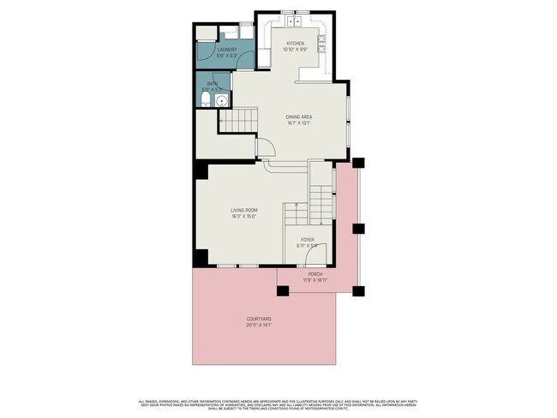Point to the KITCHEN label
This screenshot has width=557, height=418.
(295, 43)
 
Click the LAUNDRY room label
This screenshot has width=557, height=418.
(226, 50)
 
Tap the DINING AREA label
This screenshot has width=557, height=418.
(297, 116)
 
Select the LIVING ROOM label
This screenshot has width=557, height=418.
(244, 210)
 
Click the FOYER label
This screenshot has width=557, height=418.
(307, 240)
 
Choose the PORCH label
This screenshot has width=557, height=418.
(315, 274)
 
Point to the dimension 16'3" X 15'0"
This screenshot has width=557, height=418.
(244, 217)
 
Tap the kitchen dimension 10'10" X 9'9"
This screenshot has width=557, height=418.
(295, 50)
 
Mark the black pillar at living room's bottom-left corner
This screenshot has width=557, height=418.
(201, 256)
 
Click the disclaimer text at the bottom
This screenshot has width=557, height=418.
(278, 403)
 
